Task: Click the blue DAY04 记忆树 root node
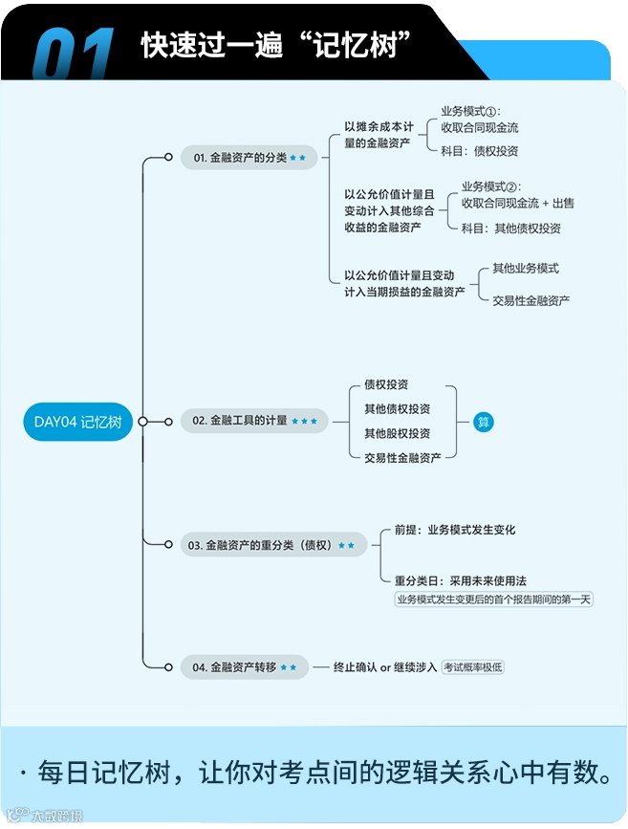click(x=77, y=422)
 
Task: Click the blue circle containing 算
click(x=484, y=422)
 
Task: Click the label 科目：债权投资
click(x=480, y=151)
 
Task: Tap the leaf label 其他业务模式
click(x=526, y=269)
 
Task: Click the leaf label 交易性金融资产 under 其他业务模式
click(x=531, y=300)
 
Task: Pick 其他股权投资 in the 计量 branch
click(x=397, y=433)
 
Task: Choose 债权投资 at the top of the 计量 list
click(x=386, y=384)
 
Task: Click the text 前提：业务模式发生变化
click(x=455, y=529)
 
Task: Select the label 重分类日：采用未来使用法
click(x=461, y=580)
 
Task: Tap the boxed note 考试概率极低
click(x=472, y=666)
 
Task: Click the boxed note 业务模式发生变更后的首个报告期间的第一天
click(x=494, y=600)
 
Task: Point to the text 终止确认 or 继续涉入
click(x=385, y=666)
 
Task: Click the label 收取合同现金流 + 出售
click(x=518, y=203)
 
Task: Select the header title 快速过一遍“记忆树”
click(x=275, y=45)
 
